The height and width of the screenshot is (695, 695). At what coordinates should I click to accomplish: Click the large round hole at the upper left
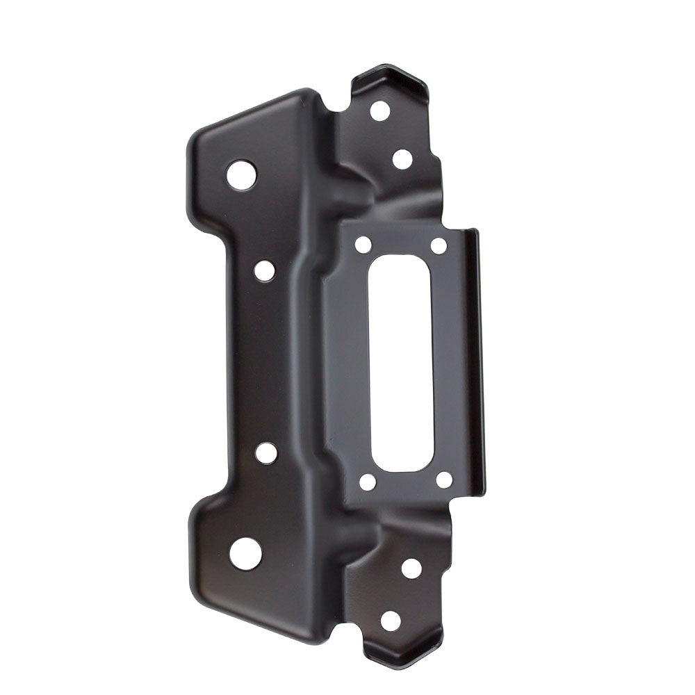(x=241, y=174)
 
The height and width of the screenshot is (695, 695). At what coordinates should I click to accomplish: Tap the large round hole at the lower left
(x=245, y=554)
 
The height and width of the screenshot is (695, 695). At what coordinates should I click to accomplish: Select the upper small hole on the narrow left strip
(x=264, y=270)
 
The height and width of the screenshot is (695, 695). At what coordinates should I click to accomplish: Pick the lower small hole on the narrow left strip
(x=265, y=453)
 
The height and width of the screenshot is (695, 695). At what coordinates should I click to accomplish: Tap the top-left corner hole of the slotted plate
(x=363, y=244)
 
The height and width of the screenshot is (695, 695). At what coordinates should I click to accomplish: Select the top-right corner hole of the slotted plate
(x=438, y=245)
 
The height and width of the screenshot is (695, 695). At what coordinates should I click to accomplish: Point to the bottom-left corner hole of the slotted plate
(x=368, y=482)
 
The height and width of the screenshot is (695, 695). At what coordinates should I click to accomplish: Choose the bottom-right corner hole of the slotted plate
(x=443, y=480)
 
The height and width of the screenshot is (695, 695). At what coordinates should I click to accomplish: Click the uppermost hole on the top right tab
(x=379, y=111)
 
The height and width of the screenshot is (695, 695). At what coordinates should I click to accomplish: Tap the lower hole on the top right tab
(x=402, y=159)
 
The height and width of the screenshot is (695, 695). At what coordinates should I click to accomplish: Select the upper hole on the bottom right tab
(x=411, y=568)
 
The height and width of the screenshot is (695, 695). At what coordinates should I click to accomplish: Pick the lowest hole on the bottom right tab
(x=391, y=621)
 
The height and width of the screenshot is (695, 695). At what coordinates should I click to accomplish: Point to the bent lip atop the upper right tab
(x=396, y=76)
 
